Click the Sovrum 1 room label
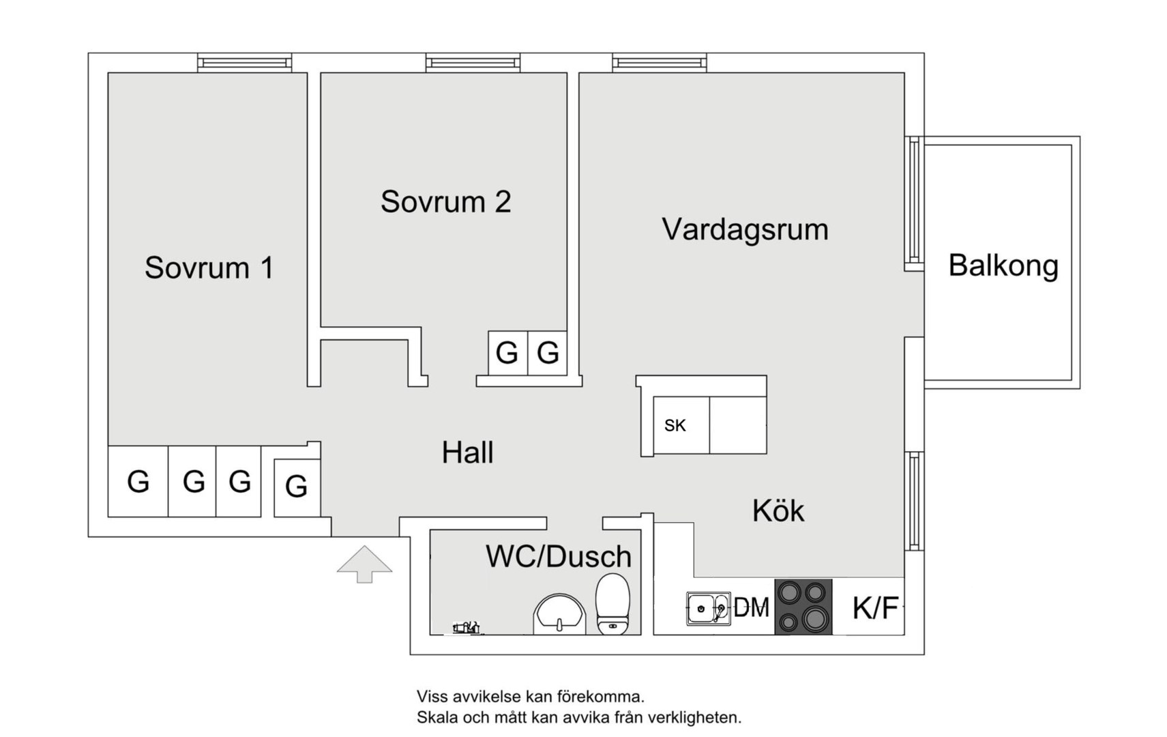(209, 268)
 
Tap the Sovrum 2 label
(445, 202)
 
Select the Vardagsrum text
(745, 229)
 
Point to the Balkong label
(1003, 265)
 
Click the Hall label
(467, 452)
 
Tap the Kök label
(778, 510)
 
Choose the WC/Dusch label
(558, 557)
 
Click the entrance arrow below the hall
(364, 564)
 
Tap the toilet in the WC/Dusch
(612, 603)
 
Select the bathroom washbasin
(559, 613)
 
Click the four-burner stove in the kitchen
(803, 606)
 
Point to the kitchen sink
(707, 608)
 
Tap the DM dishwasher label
(751, 607)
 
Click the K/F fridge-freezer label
(875, 607)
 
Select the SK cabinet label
(675, 426)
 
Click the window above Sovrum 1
(244, 63)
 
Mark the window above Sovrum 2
(473, 63)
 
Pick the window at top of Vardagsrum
(659, 63)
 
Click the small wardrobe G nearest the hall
(296, 487)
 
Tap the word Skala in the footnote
(437, 718)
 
